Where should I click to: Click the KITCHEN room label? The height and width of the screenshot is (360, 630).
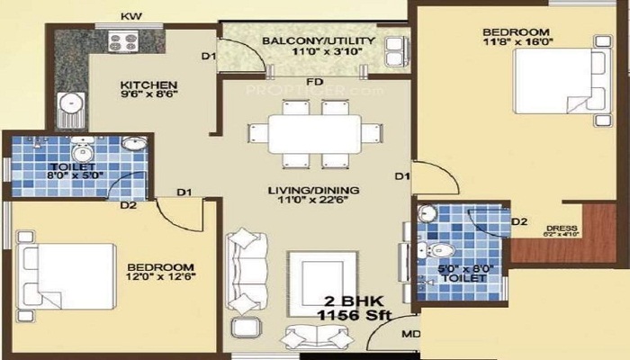[x=142, y=87]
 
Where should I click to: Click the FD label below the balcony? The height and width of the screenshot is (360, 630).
[x=314, y=81]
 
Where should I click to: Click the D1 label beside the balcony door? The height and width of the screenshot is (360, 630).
[x=209, y=58]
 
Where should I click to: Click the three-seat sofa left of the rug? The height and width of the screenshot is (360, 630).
[x=245, y=270]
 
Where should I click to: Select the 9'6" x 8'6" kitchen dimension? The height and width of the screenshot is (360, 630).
[x=142, y=101]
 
